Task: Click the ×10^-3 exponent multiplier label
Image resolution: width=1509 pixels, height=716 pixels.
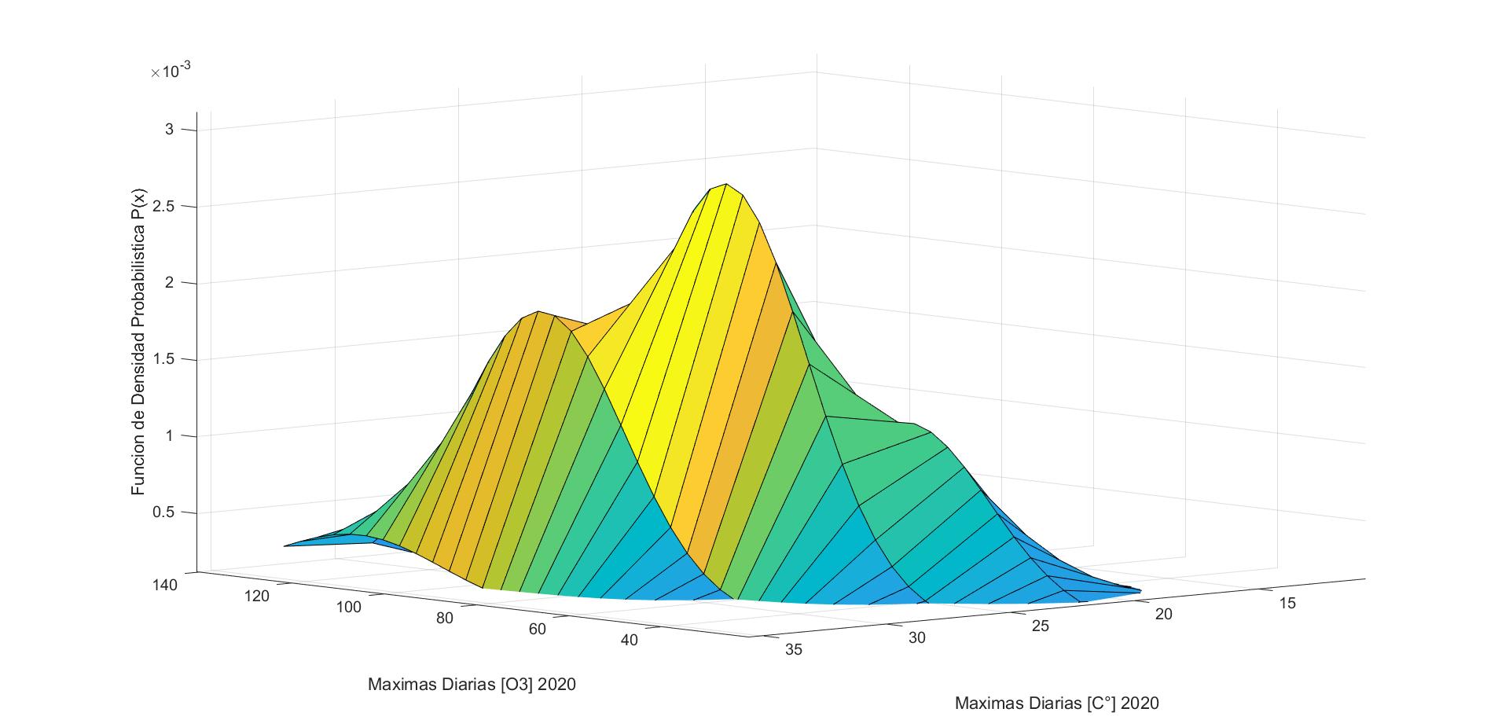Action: pos(171,72)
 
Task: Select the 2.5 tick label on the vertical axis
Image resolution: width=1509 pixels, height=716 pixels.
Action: pos(165,207)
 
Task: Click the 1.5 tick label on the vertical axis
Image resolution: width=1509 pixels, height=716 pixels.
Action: pos(165,360)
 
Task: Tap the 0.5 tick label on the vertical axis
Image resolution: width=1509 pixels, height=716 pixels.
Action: pos(165,513)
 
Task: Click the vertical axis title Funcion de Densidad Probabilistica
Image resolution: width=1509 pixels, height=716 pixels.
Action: pos(138,342)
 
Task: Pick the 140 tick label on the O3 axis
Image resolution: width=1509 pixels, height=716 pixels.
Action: pos(166,585)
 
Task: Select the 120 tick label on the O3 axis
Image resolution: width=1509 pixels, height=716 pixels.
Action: pos(256,597)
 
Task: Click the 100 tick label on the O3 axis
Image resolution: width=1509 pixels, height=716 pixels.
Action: pos(348,608)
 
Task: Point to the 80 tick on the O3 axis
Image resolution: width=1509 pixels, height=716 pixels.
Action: pos(444,618)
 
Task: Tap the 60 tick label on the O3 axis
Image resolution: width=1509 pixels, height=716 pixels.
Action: pos(537,629)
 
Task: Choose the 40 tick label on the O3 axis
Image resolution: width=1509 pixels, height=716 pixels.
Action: pos(630,641)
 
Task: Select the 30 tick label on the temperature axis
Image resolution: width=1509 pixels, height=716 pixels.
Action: pos(916,638)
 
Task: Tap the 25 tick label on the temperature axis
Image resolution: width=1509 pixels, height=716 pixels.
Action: pos(1041,626)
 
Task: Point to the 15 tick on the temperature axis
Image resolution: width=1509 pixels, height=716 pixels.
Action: pos(1287,603)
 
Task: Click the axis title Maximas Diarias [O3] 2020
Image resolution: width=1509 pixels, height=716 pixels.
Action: pos(472,685)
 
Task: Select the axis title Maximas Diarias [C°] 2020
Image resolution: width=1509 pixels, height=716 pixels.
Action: pos(1056,703)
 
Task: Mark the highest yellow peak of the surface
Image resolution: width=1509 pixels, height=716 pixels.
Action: pos(725,186)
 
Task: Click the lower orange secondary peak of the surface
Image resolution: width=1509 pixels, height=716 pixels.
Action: pos(538,314)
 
